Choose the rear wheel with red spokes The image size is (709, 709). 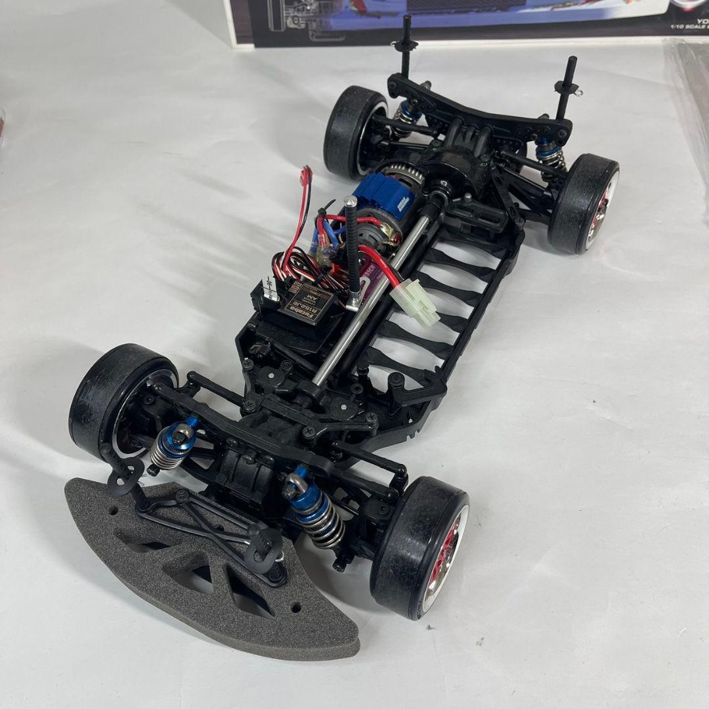tap(584, 204)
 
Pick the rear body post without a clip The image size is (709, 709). tap(406, 39)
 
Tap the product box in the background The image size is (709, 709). tap(460, 20)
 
